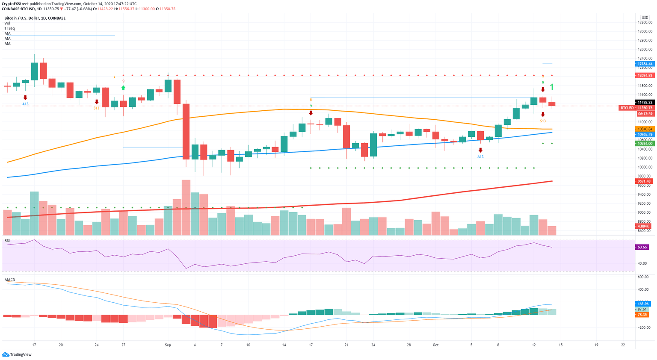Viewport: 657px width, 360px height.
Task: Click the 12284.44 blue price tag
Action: (645, 64)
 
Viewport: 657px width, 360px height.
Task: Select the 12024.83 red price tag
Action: (645, 75)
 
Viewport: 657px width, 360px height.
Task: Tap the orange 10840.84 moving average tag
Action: (645, 129)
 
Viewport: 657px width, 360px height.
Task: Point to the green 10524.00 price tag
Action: (645, 143)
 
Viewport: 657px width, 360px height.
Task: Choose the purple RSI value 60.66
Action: (642, 247)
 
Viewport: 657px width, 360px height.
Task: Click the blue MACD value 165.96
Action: (643, 304)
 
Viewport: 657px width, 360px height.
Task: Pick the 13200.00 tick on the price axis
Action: (645, 22)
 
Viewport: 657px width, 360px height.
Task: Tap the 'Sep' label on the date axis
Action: (168, 345)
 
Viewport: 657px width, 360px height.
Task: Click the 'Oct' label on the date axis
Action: (435, 345)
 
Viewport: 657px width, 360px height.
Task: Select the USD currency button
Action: (645, 18)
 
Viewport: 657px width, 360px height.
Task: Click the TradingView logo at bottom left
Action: (17, 354)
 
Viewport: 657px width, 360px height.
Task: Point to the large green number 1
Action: (552, 87)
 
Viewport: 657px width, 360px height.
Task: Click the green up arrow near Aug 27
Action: (123, 88)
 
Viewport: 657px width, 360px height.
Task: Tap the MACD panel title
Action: (10, 280)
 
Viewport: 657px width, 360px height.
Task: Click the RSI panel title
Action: (7, 241)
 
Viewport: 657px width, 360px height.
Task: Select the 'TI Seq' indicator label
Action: (9, 28)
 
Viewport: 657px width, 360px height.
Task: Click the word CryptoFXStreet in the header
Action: (15, 3)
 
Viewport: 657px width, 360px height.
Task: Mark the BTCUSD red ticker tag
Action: (627, 108)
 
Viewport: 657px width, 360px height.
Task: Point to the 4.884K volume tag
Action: (643, 226)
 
